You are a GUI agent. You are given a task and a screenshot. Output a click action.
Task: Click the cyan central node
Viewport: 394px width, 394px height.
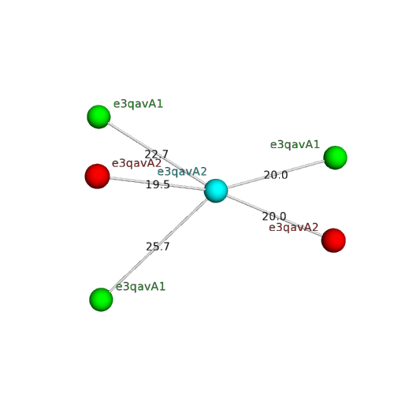216,191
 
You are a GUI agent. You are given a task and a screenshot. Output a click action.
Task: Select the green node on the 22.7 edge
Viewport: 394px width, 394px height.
98,117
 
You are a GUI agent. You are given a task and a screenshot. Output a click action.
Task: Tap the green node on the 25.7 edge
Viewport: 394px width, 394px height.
101,299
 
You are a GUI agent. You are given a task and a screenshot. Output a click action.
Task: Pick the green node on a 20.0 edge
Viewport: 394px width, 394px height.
335,158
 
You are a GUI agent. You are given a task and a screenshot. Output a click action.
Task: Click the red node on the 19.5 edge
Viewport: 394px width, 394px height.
97,177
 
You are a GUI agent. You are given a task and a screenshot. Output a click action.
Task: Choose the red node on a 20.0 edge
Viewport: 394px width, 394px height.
333,240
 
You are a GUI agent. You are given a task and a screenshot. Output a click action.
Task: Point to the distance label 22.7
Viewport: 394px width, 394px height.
157,154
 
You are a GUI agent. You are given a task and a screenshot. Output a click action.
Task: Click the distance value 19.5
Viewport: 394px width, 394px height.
158,184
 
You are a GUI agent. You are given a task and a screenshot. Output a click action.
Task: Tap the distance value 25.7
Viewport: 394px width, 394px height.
158,247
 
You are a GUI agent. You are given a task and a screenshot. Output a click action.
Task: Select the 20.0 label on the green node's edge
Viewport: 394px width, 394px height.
276,175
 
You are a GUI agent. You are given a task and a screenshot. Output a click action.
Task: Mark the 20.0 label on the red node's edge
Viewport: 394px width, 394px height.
274,217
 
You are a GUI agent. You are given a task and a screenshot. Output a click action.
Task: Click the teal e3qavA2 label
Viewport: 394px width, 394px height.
182,172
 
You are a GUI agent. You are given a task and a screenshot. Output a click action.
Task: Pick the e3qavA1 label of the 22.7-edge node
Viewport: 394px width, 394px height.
138,104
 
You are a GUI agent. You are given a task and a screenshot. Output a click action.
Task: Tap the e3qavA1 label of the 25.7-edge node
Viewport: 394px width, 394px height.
140,287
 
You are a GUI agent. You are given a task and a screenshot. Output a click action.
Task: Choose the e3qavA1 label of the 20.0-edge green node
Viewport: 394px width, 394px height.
295,145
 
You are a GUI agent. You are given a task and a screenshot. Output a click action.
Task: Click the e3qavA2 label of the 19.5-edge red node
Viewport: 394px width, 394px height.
136,164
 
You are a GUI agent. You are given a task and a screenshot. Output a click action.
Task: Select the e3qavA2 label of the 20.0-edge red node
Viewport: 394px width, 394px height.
294,228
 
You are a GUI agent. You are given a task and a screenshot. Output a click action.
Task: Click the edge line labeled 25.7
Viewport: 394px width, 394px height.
158,245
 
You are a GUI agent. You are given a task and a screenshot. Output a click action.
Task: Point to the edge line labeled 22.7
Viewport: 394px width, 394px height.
158,154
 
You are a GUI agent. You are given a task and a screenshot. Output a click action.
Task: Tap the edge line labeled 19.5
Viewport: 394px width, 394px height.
157,184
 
